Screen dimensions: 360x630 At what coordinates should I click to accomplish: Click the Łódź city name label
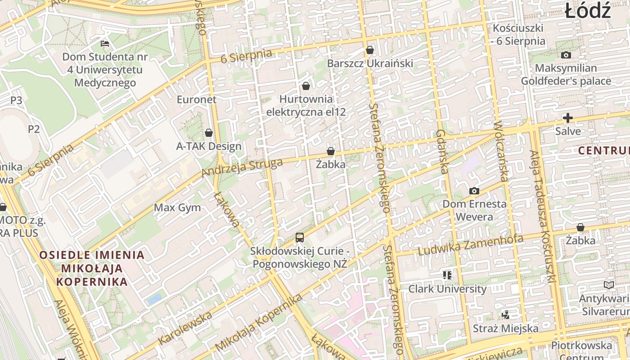pos(588,11)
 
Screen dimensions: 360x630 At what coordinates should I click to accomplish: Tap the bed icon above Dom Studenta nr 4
pos(105,44)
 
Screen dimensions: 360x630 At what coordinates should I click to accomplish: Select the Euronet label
pos(196,99)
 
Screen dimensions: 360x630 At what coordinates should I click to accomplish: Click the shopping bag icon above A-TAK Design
pos(209,133)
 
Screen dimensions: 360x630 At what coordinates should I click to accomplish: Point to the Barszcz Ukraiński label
pos(370,63)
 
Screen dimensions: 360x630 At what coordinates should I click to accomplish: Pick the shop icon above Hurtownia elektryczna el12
pos(306,85)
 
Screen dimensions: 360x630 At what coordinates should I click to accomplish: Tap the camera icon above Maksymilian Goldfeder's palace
pos(566,55)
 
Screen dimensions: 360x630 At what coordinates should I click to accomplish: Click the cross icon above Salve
pos(568,118)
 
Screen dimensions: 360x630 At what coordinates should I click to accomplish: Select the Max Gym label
pos(177,208)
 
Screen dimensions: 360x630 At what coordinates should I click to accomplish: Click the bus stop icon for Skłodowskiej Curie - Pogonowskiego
pos(300,238)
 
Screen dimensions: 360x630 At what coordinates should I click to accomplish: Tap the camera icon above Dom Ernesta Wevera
pos(474,191)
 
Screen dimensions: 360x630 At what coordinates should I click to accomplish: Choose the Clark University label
pos(447,289)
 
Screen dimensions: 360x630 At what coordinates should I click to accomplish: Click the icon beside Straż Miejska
pos(506,315)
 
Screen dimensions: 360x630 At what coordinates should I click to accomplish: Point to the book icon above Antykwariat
pos(608,285)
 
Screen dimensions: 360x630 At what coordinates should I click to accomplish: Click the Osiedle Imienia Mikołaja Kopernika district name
pos(92,269)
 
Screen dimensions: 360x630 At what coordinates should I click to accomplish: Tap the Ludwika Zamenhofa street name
pos(471,245)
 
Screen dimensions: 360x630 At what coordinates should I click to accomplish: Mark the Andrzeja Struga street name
pos(242,167)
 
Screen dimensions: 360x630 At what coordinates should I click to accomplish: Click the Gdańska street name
pos(441,152)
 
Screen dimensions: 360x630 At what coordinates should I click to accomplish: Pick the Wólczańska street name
pos(500,151)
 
